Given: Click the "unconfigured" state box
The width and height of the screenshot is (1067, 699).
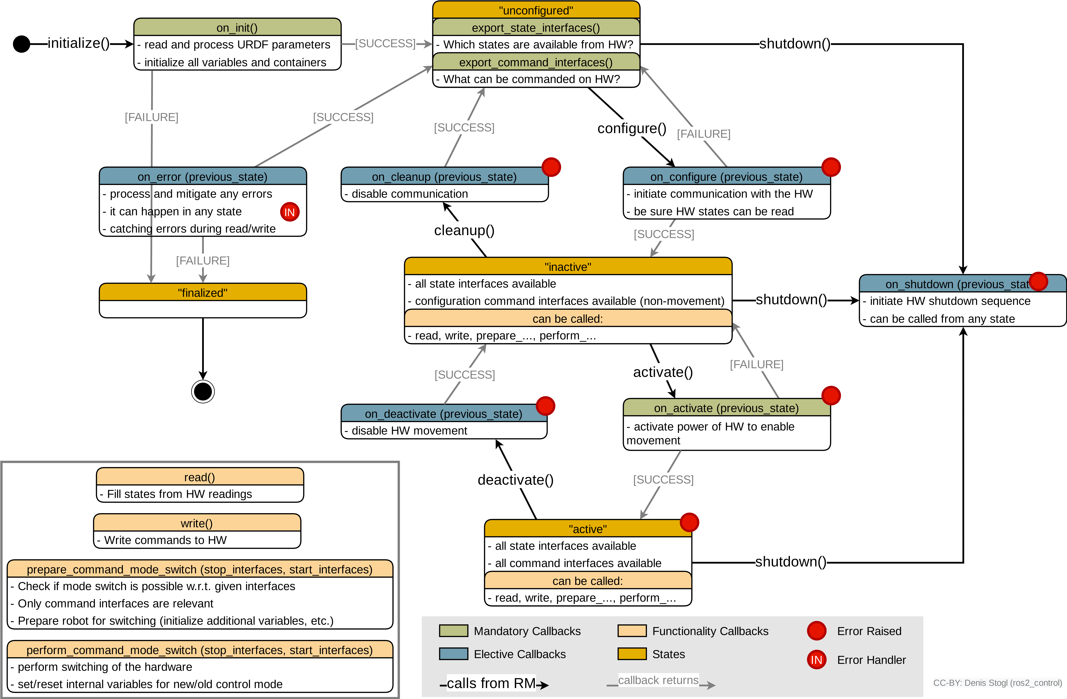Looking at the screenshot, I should pos(536,10).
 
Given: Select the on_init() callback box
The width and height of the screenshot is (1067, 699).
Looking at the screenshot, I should pos(237,27).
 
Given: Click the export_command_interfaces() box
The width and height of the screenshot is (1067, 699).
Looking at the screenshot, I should pos(536,62).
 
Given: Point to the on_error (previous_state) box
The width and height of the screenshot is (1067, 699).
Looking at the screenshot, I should pos(203,176).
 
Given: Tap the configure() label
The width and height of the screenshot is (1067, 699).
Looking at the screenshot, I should pos(632,128).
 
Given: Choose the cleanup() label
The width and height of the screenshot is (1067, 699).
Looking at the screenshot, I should pos(464,230).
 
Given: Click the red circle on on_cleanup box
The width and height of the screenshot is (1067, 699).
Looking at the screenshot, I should pos(551,167).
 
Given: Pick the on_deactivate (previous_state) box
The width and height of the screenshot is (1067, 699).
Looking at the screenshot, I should pos(443,413).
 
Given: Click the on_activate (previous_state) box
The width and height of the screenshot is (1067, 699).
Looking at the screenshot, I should pos(726,407).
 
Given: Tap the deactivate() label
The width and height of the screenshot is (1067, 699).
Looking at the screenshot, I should pos(516,480).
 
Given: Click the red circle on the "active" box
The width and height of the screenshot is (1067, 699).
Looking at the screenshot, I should pos(689,522).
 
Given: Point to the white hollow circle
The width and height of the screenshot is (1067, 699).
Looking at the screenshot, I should pos(203,392).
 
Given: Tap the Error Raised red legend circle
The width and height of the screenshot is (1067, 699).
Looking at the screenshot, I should pos(816,631).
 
